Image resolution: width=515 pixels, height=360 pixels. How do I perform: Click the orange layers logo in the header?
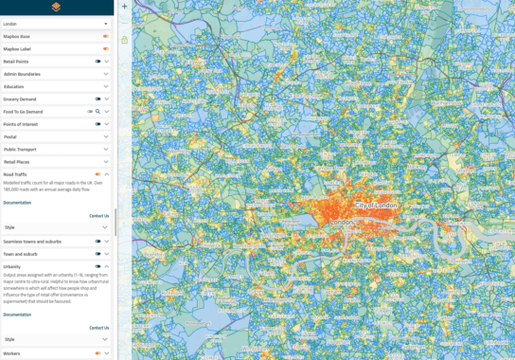[56, 7]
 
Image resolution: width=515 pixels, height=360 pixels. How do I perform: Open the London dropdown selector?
[56, 23]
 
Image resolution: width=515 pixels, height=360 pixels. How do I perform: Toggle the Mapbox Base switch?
[106, 36]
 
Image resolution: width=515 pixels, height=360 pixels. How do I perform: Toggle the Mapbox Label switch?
[106, 48]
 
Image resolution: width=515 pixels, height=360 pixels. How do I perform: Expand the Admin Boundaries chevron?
[107, 74]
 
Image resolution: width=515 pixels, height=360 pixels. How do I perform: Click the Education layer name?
[14, 86]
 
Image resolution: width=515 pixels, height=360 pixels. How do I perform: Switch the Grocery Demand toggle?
[98, 99]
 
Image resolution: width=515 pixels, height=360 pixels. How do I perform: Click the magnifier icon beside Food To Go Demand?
[98, 112]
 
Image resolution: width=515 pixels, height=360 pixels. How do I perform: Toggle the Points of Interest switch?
[98, 124]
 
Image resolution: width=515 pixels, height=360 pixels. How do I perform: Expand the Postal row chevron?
[107, 136]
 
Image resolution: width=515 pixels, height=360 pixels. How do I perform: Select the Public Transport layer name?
[20, 149]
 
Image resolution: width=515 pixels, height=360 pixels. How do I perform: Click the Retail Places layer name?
[17, 162]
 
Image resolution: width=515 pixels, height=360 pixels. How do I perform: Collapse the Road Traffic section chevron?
[107, 174]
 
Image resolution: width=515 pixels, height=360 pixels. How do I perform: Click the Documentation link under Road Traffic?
[17, 202]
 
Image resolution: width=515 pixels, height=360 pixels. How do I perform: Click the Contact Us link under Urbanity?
[98, 328]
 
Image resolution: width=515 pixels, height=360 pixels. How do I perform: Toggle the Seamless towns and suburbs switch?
[98, 242]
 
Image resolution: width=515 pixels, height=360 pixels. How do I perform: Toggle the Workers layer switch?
[98, 353]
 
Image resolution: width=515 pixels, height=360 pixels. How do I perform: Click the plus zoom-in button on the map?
[124, 7]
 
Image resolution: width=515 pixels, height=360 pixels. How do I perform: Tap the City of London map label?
[376, 206]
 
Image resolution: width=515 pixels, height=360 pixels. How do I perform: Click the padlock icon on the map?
[124, 40]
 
